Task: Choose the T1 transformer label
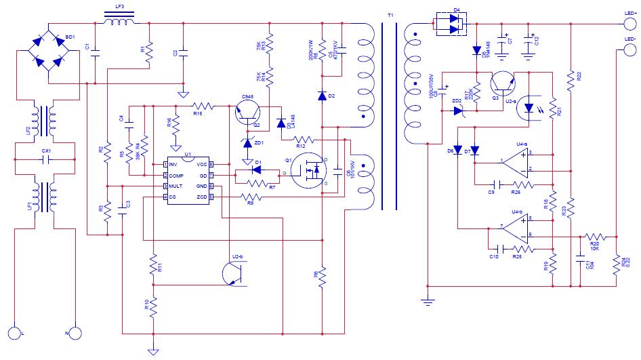tap(389, 15)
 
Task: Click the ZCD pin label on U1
tap(201, 197)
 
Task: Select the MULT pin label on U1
tap(176, 186)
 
